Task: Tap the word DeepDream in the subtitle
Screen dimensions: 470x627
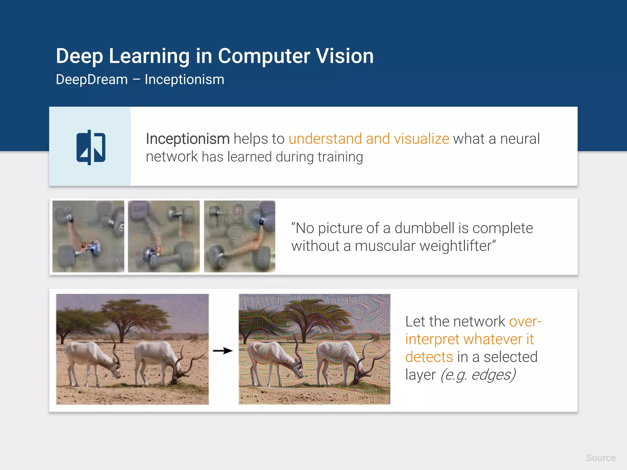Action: [x=92, y=80]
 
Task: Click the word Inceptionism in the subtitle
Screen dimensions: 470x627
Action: [x=184, y=80]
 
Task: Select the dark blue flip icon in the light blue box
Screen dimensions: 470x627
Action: [x=91, y=147]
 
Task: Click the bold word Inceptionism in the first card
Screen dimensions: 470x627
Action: [x=187, y=139]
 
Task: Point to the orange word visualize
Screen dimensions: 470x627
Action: [x=421, y=139]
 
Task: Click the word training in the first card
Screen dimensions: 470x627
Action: [x=340, y=157]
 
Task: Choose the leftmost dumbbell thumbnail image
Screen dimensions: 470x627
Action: [x=88, y=236]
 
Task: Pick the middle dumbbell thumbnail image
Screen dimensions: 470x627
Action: [x=164, y=236]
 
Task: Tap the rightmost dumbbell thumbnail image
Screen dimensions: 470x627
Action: [x=239, y=236]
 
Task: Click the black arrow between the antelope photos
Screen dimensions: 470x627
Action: [x=223, y=351]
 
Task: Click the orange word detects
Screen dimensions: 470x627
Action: [x=429, y=357]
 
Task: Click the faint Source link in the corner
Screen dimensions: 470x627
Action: [x=601, y=458]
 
